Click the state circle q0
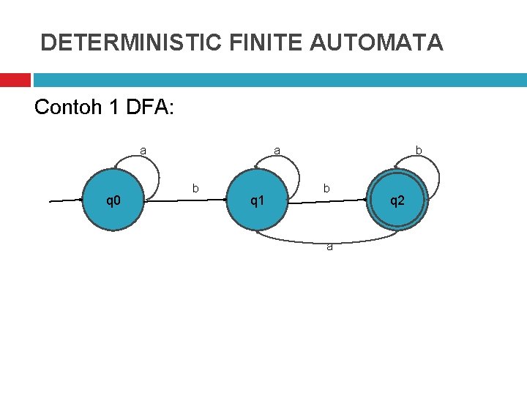pos(113,200)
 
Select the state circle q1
pos(257,200)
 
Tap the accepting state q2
pos(396,200)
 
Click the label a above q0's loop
pos(143,151)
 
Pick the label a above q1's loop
pos(277,151)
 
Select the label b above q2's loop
pos(419,151)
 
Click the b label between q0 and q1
pos(195,189)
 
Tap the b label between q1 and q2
pos(326,189)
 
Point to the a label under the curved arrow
pos(329,247)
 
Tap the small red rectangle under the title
pos(15,79)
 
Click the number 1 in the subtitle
pos(113,108)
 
